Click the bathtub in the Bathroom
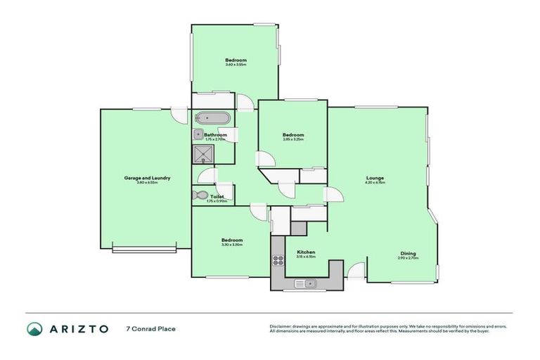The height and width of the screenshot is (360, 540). pos(211,118)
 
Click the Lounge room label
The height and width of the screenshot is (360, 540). pos(374,178)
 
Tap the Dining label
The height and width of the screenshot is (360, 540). pos(408,253)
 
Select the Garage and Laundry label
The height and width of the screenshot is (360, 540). pos(148,178)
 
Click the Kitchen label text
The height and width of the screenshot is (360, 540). pos(306,252)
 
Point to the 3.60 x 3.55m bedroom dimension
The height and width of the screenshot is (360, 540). pos(236,65)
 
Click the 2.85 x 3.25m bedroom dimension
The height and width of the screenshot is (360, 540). pos(293,139)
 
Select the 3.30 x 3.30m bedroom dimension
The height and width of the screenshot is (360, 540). pos(232,245)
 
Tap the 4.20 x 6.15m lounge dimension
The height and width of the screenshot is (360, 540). pos(374,183)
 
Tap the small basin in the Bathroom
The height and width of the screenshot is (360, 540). pos(198,134)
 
